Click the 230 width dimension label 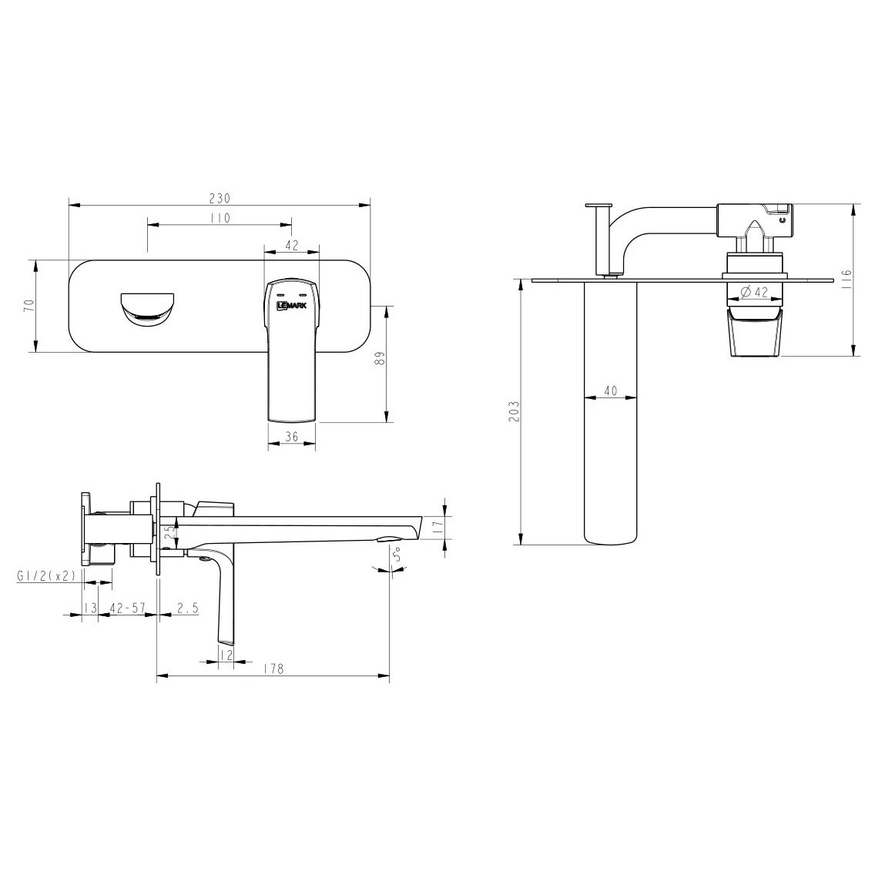coord(220,199)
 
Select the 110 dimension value coord(220,218)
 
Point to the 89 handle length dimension coord(380,358)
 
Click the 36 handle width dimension coord(292,437)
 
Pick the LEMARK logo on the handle coord(293,305)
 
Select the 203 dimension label coord(515,411)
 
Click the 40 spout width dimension coord(611,391)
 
